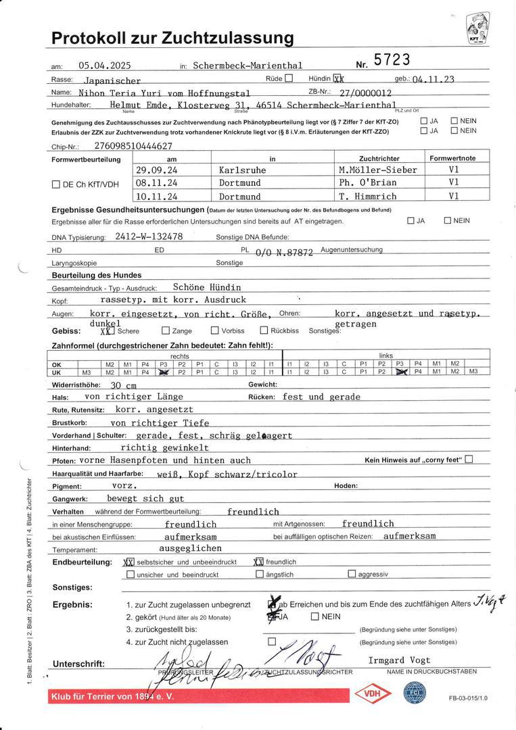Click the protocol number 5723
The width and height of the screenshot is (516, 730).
coord(392,60)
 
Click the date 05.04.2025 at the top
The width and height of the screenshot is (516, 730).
coord(104,66)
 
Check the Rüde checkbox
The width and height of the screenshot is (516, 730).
coord(289,78)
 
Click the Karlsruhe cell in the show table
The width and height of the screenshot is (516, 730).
coord(240,170)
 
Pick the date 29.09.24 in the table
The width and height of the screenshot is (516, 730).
coord(156,170)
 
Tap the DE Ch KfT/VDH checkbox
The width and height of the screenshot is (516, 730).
coord(56,184)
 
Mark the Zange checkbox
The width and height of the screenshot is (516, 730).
coord(166,331)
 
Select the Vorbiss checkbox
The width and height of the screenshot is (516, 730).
coord(215,331)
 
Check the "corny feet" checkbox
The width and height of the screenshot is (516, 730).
coord(469,460)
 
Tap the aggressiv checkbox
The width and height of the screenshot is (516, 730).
coord(352,574)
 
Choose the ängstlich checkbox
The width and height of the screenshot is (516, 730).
coord(260,574)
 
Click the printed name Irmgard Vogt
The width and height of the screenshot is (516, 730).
coord(399,660)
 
